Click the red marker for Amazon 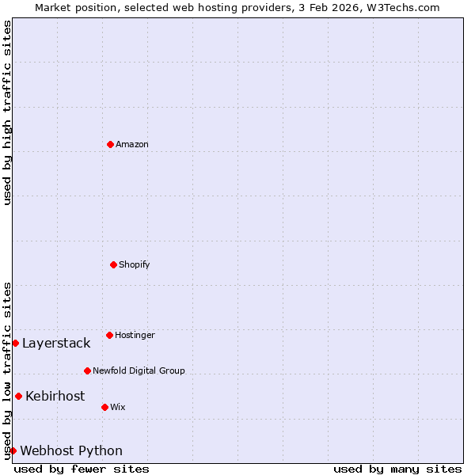[x=110, y=144]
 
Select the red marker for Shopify [x=113, y=264]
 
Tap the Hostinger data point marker [x=109, y=335]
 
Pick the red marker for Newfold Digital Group [x=87, y=370]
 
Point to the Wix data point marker [x=104, y=407]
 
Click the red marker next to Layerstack [x=15, y=343]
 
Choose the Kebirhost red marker [x=18, y=396]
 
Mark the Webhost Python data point [x=13, y=450]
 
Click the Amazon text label [x=131, y=144]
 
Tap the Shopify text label [x=134, y=264]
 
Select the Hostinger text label [x=135, y=335]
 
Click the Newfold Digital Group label [x=139, y=370]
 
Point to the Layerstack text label [x=56, y=343]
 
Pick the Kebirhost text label [x=55, y=396]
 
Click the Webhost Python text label [x=71, y=450]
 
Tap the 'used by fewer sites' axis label [x=82, y=469]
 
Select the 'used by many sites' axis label [x=397, y=469]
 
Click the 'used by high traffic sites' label [x=7, y=112]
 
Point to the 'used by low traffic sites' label [x=7, y=370]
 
